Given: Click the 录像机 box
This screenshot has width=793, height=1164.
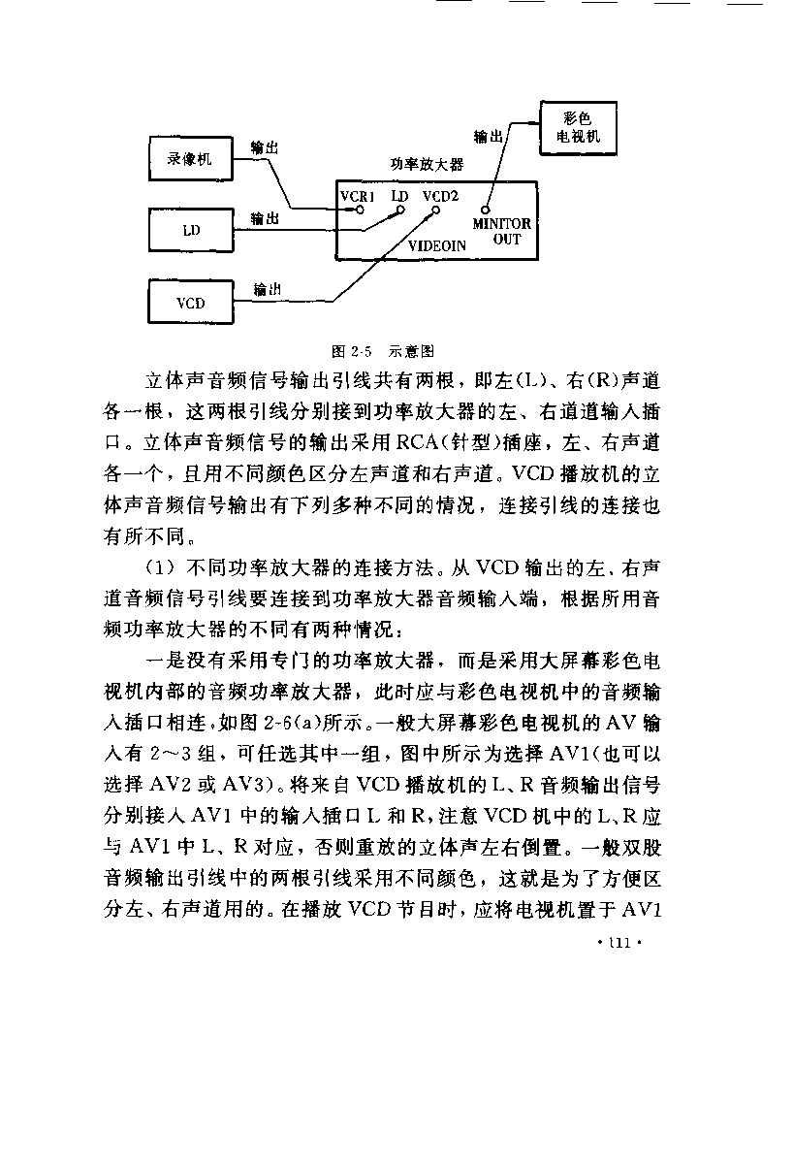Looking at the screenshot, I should tap(189, 159).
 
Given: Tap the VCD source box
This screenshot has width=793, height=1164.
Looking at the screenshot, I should tap(190, 303).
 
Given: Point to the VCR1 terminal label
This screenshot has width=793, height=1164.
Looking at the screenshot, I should tap(358, 195).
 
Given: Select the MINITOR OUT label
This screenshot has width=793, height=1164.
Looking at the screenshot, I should tap(502, 231).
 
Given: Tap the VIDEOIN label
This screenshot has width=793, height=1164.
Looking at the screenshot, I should tap(436, 246).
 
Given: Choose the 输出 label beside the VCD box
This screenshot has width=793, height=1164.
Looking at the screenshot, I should tap(269, 289).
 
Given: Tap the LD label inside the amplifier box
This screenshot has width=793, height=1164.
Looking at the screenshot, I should tap(399, 195).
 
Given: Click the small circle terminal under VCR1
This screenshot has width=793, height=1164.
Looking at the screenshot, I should tap(361, 209).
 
